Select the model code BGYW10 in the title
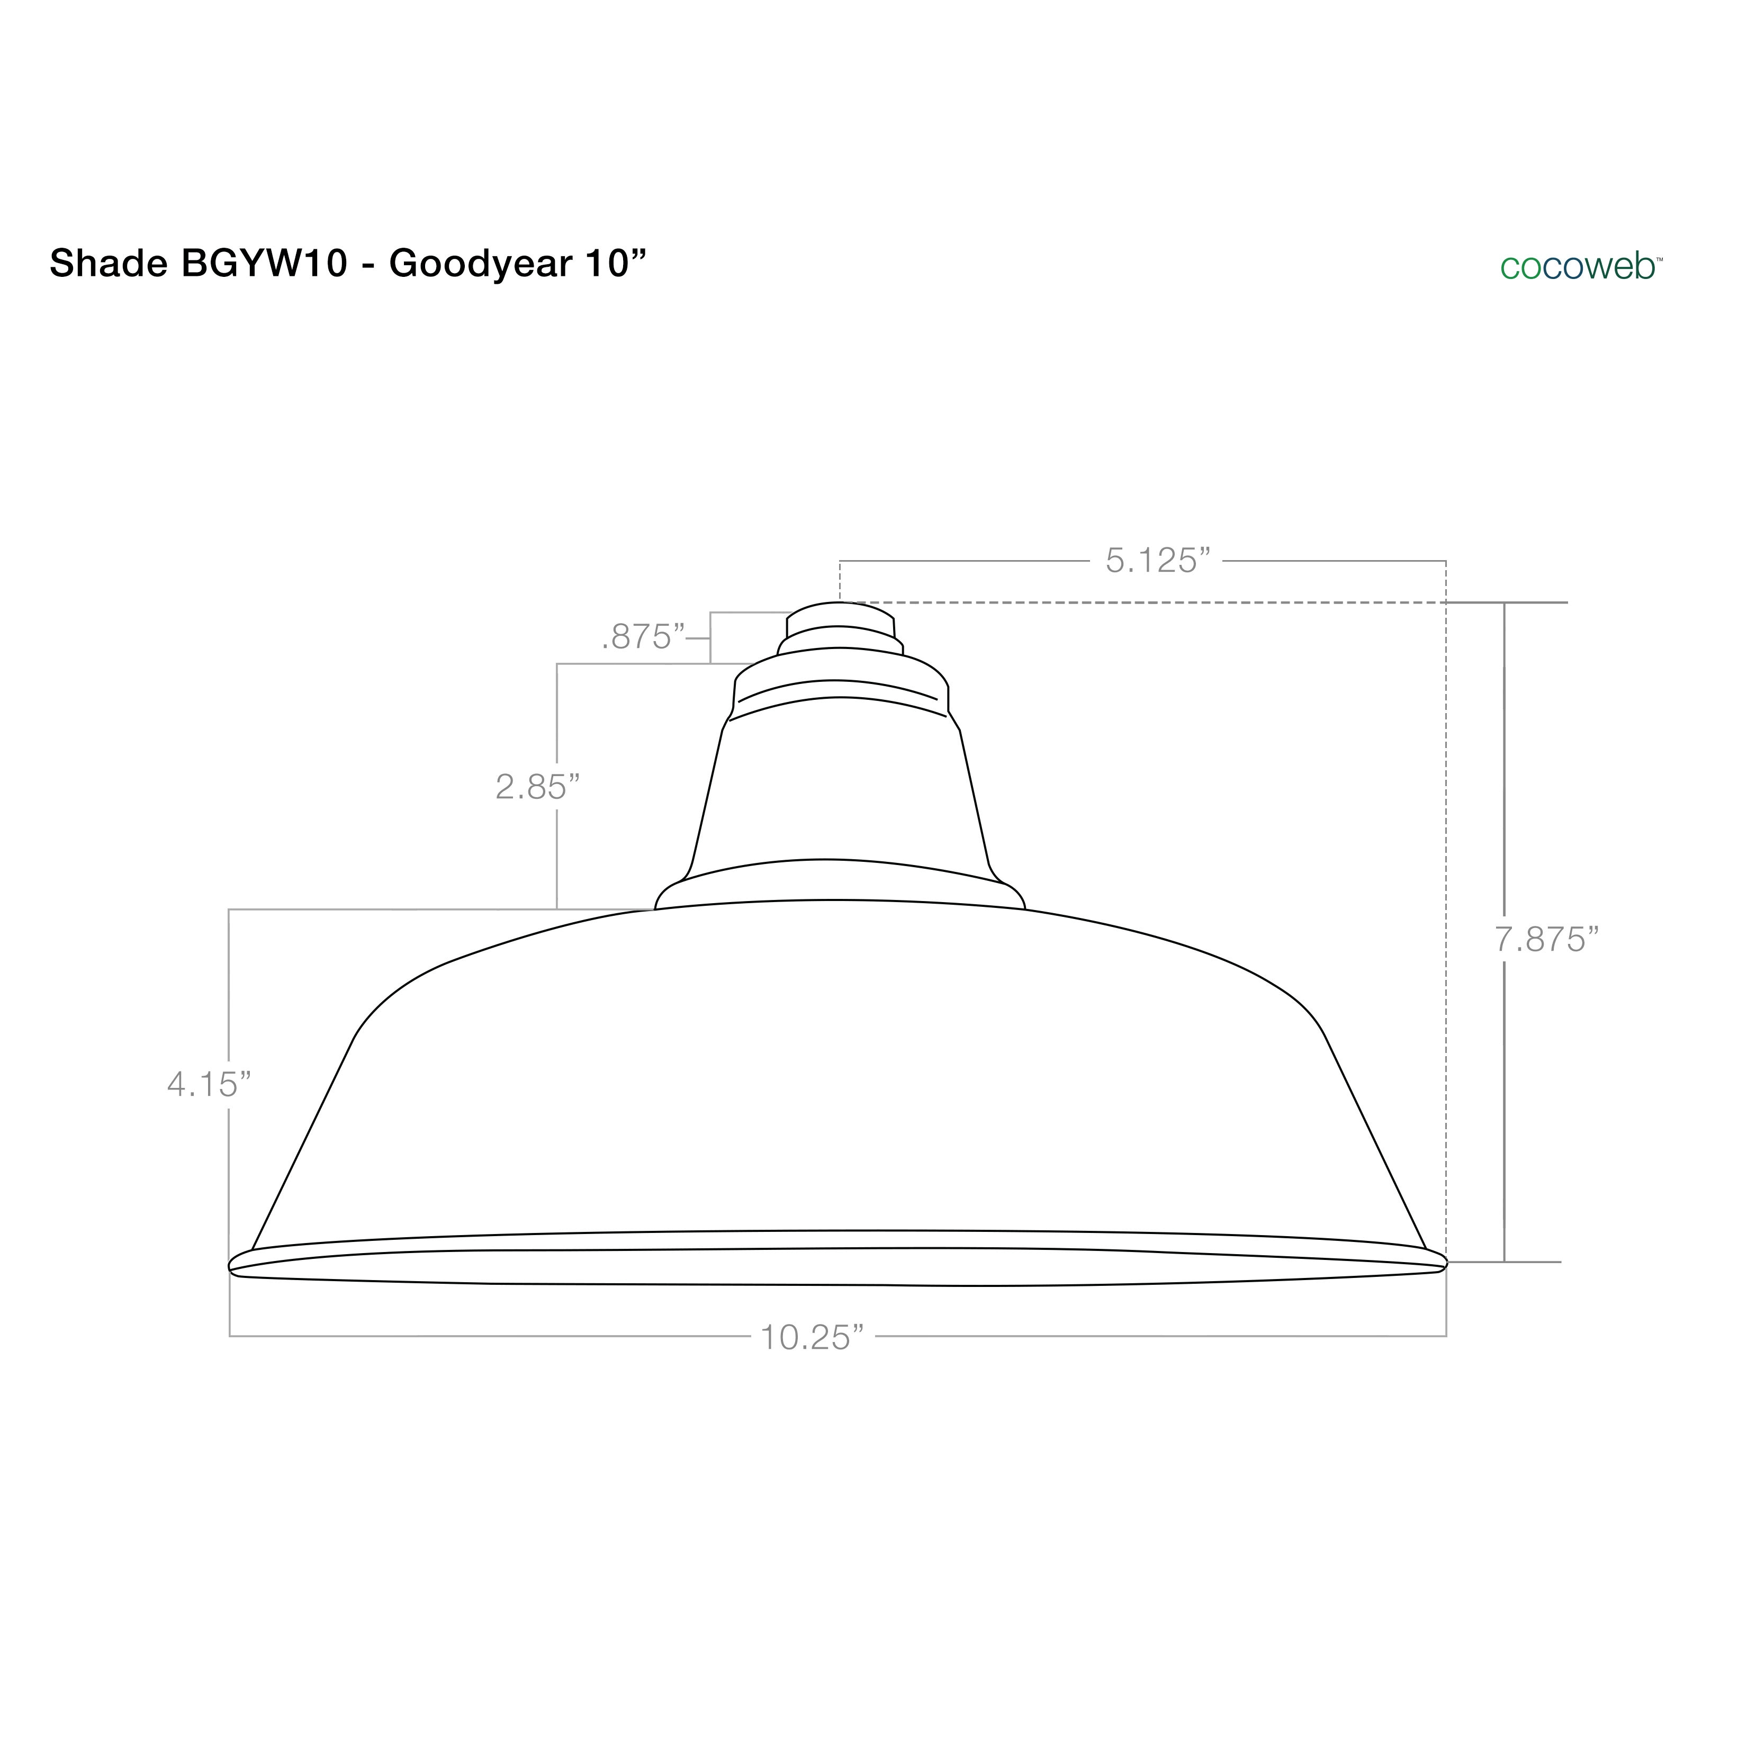point(265,264)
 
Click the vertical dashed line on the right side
point(1446,904)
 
